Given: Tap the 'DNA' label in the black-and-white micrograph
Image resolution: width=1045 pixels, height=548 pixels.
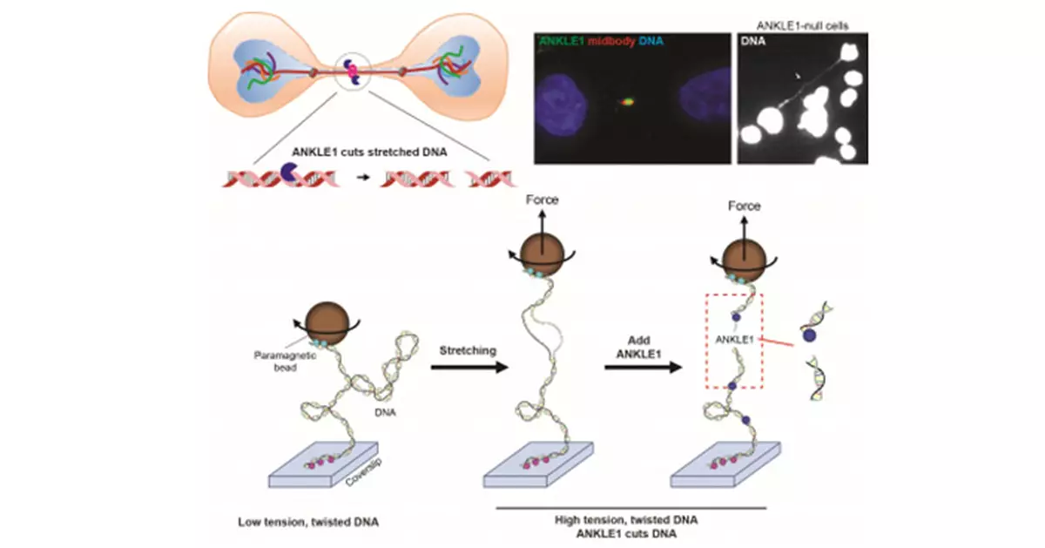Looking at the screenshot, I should tap(753, 41).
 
